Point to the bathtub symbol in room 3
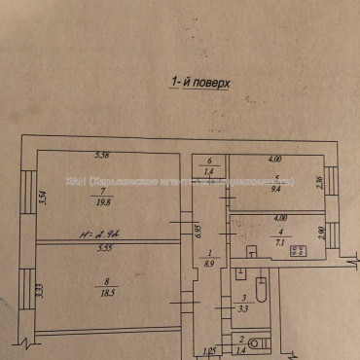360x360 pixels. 260,289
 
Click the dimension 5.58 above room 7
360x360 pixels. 101,156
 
